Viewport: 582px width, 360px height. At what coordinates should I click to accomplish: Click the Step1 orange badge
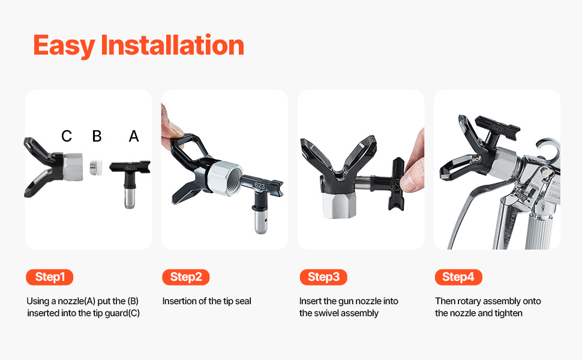click(49, 277)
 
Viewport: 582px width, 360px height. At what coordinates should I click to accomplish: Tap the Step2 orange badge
click(186, 277)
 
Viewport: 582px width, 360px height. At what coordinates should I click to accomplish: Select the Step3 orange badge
click(323, 277)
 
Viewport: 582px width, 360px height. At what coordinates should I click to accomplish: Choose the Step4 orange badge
click(458, 277)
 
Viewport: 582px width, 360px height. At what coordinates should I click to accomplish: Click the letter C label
click(67, 136)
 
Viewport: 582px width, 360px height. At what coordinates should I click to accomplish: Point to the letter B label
click(97, 136)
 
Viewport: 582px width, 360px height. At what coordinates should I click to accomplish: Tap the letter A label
click(134, 136)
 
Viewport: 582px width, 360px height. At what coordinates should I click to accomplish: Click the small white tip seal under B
click(96, 167)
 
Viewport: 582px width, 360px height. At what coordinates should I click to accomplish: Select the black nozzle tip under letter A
click(130, 184)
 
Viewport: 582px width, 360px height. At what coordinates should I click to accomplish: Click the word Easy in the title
click(64, 45)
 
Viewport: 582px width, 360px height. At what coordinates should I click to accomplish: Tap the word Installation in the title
click(172, 45)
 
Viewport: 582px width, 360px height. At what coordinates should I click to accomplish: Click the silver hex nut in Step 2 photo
click(225, 178)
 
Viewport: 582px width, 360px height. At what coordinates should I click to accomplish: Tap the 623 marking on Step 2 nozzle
click(260, 185)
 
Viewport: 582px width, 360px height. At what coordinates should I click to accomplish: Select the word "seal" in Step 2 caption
click(243, 301)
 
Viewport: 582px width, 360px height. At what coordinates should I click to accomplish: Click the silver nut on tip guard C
click(73, 167)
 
